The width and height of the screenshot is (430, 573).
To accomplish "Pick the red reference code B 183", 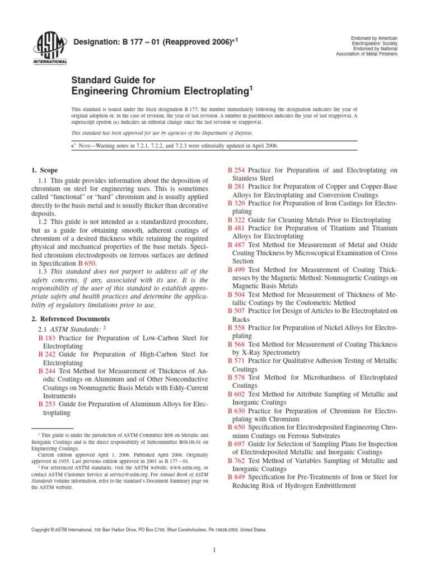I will pyautogui.click(x=47, y=338).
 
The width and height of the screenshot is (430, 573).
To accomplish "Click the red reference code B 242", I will pyautogui.click(x=47, y=354).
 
